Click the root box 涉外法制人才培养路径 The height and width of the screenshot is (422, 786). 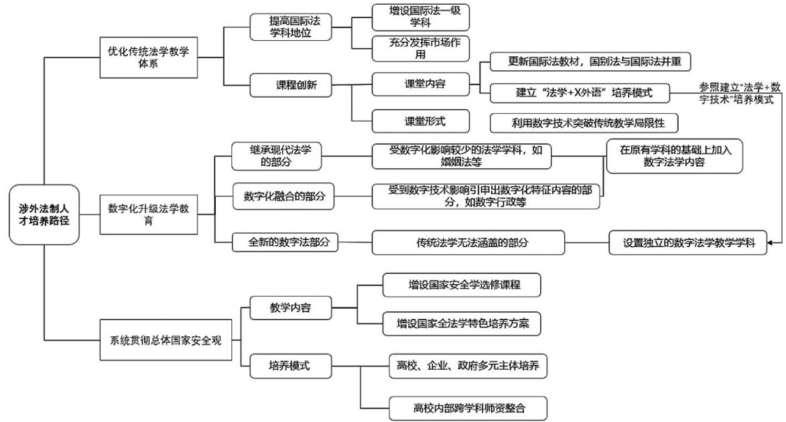pyautogui.click(x=44, y=214)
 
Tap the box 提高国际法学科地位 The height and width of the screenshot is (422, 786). pyautogui.click(x=291, y=27)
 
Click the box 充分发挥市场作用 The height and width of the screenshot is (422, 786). pyautogui.click(x=420, y=48)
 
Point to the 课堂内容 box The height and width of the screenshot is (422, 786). pyautogui.click(x=420, y=84)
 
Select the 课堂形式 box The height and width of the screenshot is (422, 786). pyautogui.click(x=420, y=121)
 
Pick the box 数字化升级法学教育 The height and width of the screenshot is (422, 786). pyautogui.click(x=148, y=214)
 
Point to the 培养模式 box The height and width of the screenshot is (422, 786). pyautogui.click(x=290, y=366)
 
